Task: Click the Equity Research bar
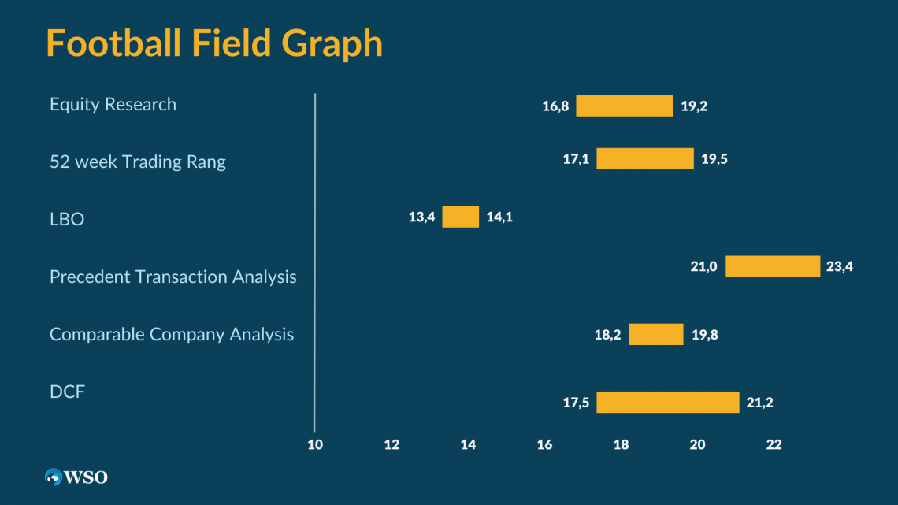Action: (625, 106)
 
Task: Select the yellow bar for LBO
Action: (460, 217)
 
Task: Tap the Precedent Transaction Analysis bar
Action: (773, 266)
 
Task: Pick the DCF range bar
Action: (667, 403)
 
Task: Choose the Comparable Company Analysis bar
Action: (655, 334)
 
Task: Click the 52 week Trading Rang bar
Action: (644, 158)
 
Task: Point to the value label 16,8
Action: (555, 106)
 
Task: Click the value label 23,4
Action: (840, 266)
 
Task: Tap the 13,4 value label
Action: (421, 217)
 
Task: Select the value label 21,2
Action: (760, 403)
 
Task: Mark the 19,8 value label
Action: (705, 334)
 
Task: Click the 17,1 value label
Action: (576, 158)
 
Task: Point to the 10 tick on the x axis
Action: (315, 444)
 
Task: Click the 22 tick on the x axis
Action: (774, 444)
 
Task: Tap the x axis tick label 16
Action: (544, 444)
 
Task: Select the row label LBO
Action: (67, 219)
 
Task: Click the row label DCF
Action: (67, 392)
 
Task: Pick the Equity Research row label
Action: (113, 104)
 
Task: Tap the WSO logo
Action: (76, 477)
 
